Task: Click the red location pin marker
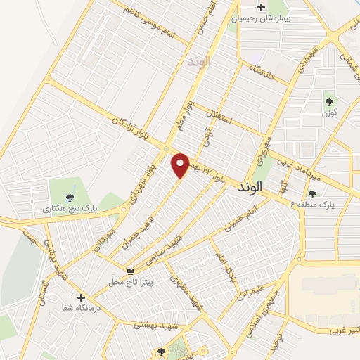pyautogui.click(x=181, y=165)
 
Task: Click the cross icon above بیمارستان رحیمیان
pyautogui.click(x=262, y=8)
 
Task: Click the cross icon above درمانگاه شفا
pyautogui.click(x=82, y=297)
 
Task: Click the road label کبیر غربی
pyautogui.click(x=343, y=329)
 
